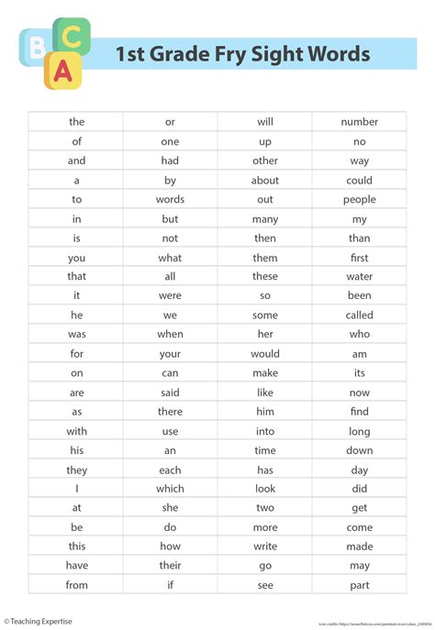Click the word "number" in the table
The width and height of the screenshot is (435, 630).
pyautogui.click(x=359, y=122)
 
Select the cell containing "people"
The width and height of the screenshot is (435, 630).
pyautogui.click(x=359, y=199)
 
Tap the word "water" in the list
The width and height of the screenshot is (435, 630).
pyautogui.click(x=359, y=276)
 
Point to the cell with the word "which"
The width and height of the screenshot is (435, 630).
pyautogui.click(x=170, y=489)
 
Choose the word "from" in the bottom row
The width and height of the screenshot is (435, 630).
pyautogui.click(x=77, y=585)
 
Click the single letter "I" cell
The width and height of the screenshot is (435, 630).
pyautogui.click(x=77, y=489)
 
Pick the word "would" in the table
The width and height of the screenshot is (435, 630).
pyautogui.click(x=265, y=353)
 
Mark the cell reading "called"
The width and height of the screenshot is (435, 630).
pyautogui.click(x=359, y=315)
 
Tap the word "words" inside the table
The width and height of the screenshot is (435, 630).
pyautogui.click(x=170, y=199)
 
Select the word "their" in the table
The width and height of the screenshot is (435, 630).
pyautogui.click(x=170, y=566)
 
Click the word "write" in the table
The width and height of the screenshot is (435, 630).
pyautogui.click(x=265, y=547)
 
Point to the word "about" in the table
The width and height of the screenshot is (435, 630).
pyautogui.click(x=265, y=180)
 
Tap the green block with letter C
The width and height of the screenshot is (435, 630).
pyautogui.click(x=73, y=37)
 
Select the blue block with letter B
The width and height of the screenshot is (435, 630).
pyautogui.click(x=36, y=46)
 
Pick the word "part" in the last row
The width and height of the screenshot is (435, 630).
pyautogui.click(x=359, y=585)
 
